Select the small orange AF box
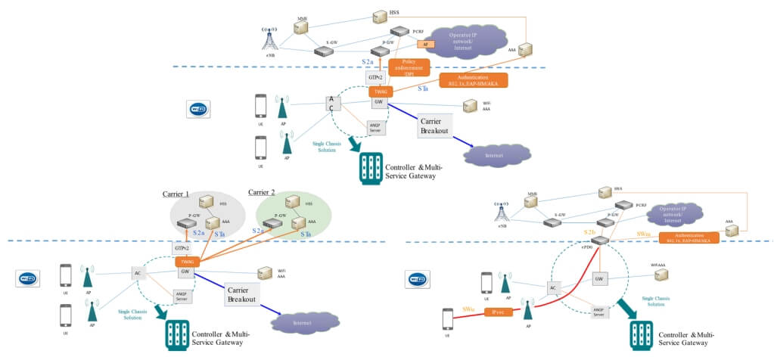point(425,45)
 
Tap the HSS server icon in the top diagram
point(381,16)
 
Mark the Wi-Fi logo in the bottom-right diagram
point(418,279)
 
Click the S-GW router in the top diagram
point(324,51)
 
